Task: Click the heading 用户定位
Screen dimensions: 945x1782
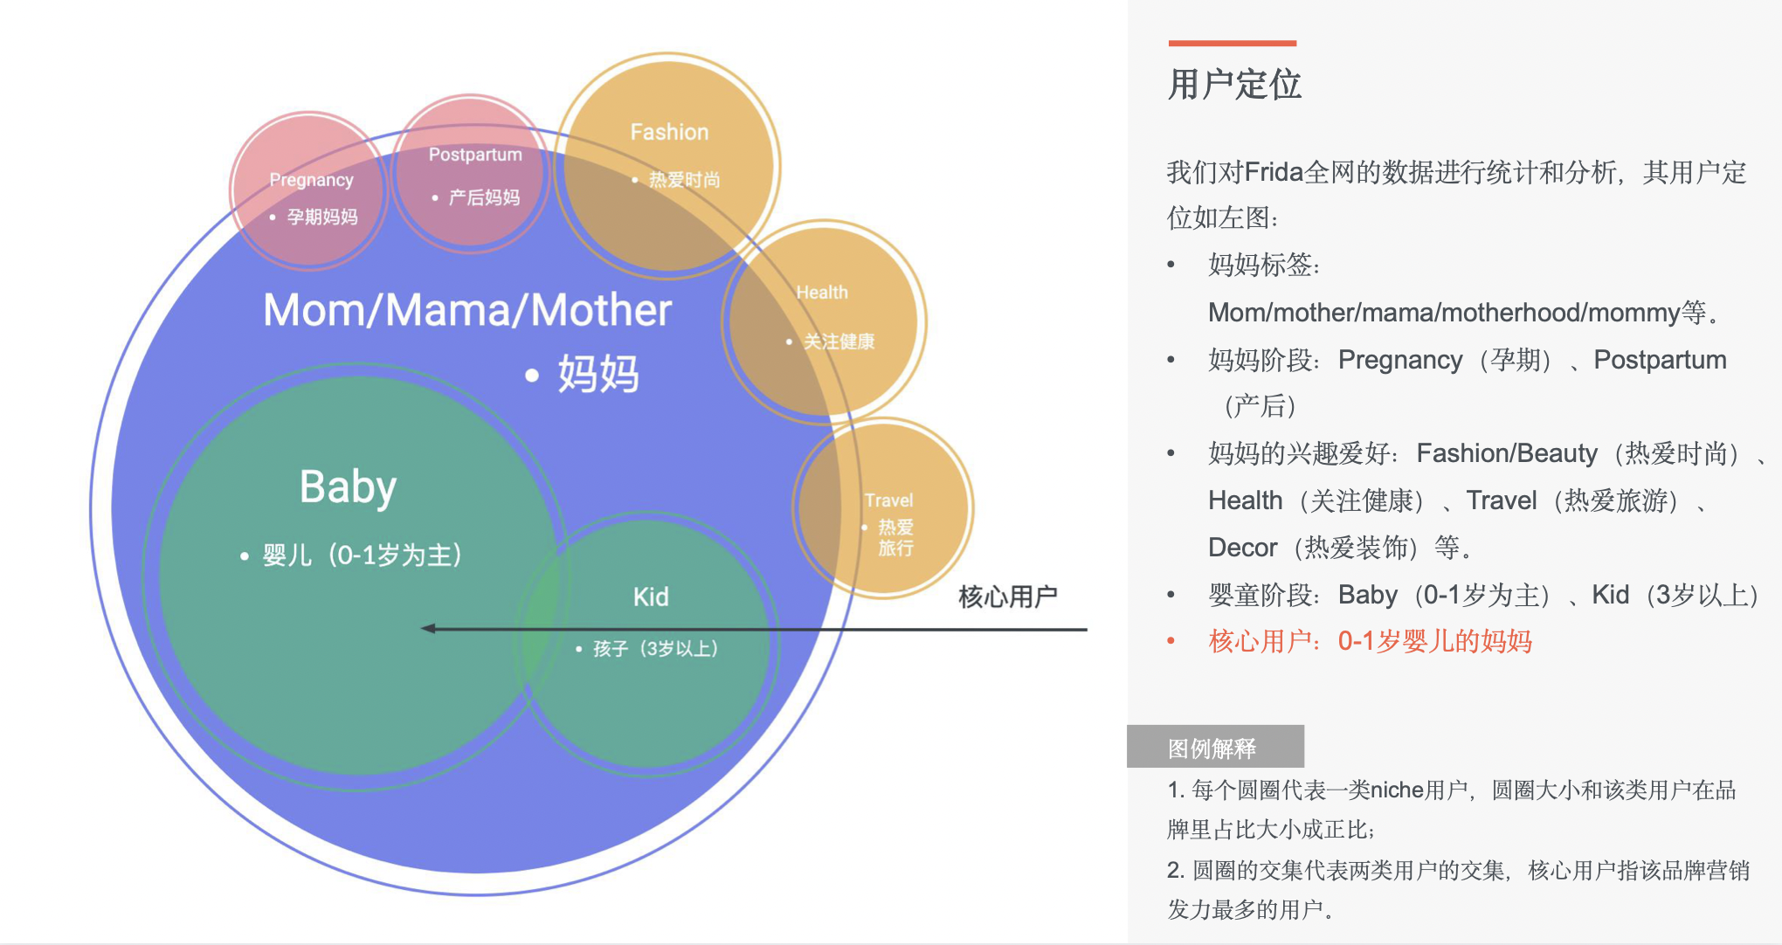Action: (1234, 86)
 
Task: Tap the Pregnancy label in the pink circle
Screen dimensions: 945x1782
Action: (311, 180)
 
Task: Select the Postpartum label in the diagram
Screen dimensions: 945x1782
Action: (475, 155)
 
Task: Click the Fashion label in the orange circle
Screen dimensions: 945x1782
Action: (669, 132)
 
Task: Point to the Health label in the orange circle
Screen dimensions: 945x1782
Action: (822, 293)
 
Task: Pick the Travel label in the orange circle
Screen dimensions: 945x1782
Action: (888, 500)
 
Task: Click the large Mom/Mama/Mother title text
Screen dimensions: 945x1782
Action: (467, 311)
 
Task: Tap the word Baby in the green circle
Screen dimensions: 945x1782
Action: (348, 487)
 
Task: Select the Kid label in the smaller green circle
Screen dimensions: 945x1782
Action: (651, 597)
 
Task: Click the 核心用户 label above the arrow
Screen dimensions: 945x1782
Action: (1007, 597)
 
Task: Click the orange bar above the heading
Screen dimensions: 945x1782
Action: (1232, 43)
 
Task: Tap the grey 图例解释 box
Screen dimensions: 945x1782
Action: (1214, 748)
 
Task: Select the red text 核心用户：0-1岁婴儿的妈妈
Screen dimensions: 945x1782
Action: (1370, 642)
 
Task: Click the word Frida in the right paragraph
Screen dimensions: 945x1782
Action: (1274, 173)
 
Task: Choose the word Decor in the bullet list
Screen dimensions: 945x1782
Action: (1242, 548)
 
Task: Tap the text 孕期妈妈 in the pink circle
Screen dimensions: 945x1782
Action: (322, 217)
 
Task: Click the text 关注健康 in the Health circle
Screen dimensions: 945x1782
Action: (839, 341)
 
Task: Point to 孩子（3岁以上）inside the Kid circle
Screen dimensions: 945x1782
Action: (655, 649)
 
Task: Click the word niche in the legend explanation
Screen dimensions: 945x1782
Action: (1397, 790)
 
